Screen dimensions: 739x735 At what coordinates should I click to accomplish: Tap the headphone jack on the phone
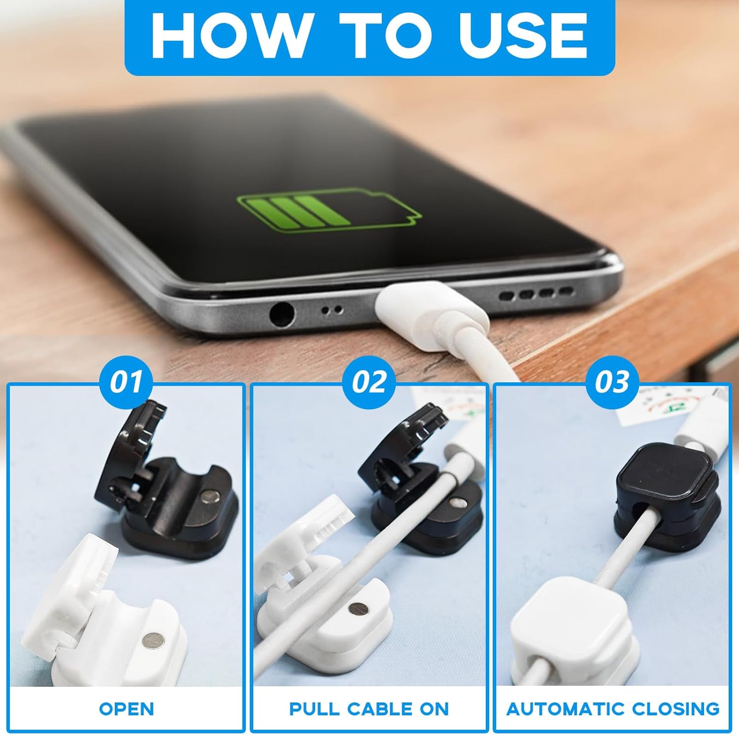tap(282, 314)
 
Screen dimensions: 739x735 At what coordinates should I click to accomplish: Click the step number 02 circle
tap(369, 382)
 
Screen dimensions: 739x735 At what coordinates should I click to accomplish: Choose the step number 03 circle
tap(612, 382)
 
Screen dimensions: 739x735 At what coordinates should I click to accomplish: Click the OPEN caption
tap(127, 708)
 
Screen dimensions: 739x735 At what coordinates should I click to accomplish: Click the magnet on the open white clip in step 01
tap(150, 641)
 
